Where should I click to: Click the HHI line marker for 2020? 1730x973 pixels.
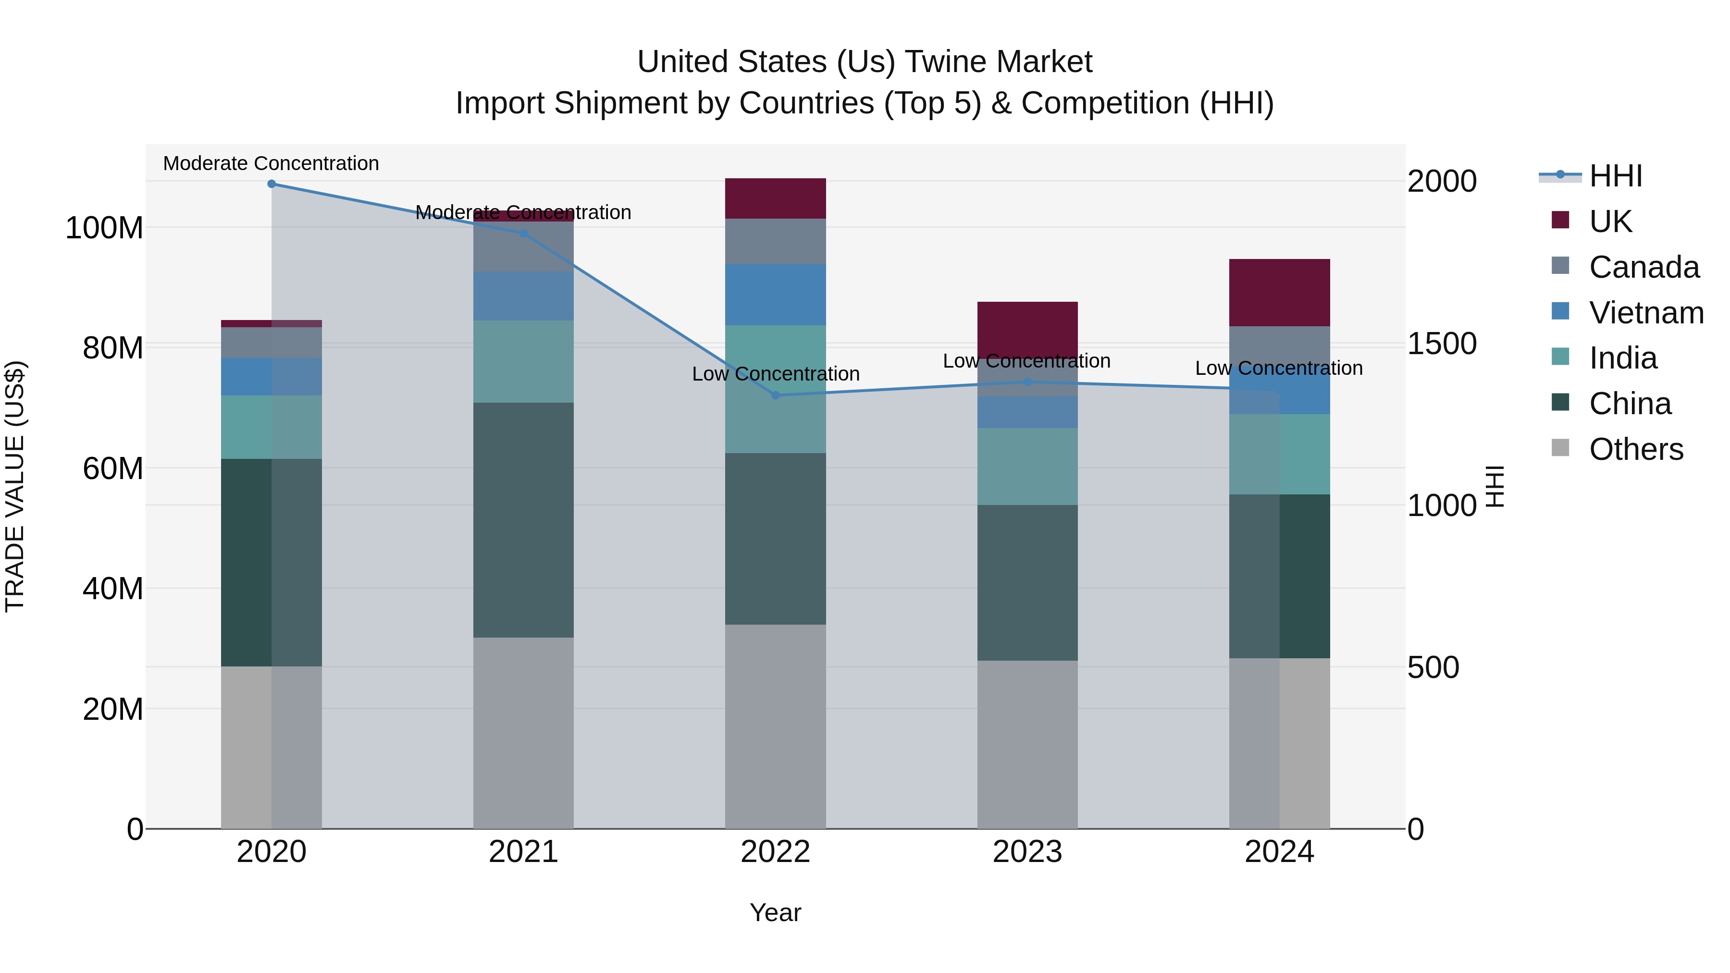click(272, 184)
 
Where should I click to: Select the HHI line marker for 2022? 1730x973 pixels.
click(775, 395)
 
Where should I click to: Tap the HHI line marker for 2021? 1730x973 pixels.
click(523, 233)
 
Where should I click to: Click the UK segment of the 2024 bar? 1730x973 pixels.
click(1279, 293)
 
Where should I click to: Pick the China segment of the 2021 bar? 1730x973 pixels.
click(523, 520)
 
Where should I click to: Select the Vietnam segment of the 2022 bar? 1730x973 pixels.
click(775, 295)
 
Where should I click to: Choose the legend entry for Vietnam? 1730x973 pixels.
click(1645, 312)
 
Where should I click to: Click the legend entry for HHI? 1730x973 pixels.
click(1615, 176)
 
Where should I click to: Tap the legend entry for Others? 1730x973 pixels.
click(1635, 449)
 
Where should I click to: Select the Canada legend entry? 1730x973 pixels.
click(1643, 267)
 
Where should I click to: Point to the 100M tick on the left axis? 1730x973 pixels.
click(104, 228)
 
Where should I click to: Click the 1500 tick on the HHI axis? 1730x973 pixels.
click(1441, 344)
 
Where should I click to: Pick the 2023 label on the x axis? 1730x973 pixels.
click(1027, 852)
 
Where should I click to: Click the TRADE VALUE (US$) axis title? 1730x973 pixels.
click(15, 486)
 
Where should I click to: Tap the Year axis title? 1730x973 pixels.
click(775, 912)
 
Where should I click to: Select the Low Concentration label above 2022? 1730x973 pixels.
click(775, 374)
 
